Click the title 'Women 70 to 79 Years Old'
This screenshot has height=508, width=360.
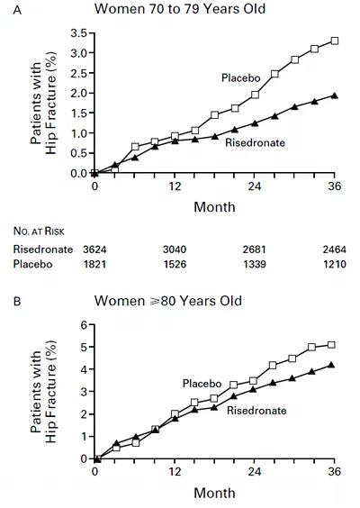pyautogui.click(x=180, y=8)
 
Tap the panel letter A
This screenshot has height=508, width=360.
pyautogui.click(x=17, y=11)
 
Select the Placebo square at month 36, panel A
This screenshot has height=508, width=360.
pyautogui.click(x=335, y=41)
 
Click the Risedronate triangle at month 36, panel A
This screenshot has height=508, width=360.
pyautogui.click(x=335, y=95)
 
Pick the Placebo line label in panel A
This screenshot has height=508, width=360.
pyautogui.click(x=241, y=77)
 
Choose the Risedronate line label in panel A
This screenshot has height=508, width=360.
pyautogui.click(x=255, y=142)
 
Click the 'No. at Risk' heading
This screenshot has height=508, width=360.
pyautogui.click(x=39, y=231)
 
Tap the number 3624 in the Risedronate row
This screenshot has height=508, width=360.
pyautogui.click(x=94, y=249)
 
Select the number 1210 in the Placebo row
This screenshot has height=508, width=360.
pyautogui.click(x=335, y=264)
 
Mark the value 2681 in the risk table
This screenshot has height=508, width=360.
pyautogui.click(x=255, y=249)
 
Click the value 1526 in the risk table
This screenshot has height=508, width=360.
pyautogui.click(x=175, y=264)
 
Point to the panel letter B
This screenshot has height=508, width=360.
pyautogui.click(x=17, y=302)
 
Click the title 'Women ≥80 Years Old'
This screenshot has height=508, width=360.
pyautogui.click(x=168, y=301)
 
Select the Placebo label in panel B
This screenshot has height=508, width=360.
pyautogui.click(x=202, y=384)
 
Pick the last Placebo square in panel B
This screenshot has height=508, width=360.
pyautogui.click(x=331, y=345)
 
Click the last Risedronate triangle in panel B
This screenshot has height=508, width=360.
pyautogui.click(x=331, y=365)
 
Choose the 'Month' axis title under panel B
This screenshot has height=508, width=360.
pyautogui.click(x=214, y=493)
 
